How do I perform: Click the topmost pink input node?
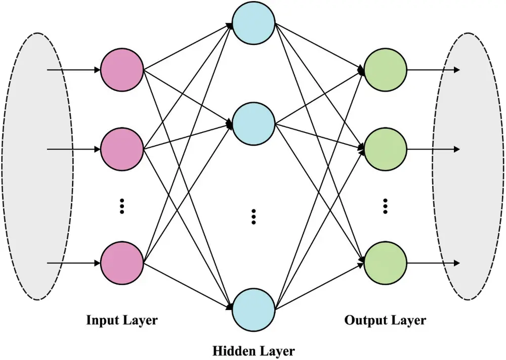pos(122,70)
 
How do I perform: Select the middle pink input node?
pos(122,149)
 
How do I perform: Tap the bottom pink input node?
pos(122,263)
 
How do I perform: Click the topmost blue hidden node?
pos(254,23)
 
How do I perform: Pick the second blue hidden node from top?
pos(254,122)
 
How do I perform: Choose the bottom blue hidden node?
pos(254,309)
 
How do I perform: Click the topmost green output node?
pos(386,70)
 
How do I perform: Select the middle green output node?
pos(386,149)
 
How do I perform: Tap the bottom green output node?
pos(386,263)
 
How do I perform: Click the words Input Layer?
pos(122,320)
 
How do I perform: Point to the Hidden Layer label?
pos(254,350)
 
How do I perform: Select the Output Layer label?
pos(385,320)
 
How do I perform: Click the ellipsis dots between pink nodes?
pos(122,206)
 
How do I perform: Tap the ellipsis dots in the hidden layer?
pos(254,216)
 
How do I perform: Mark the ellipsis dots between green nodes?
pos(386,206)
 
